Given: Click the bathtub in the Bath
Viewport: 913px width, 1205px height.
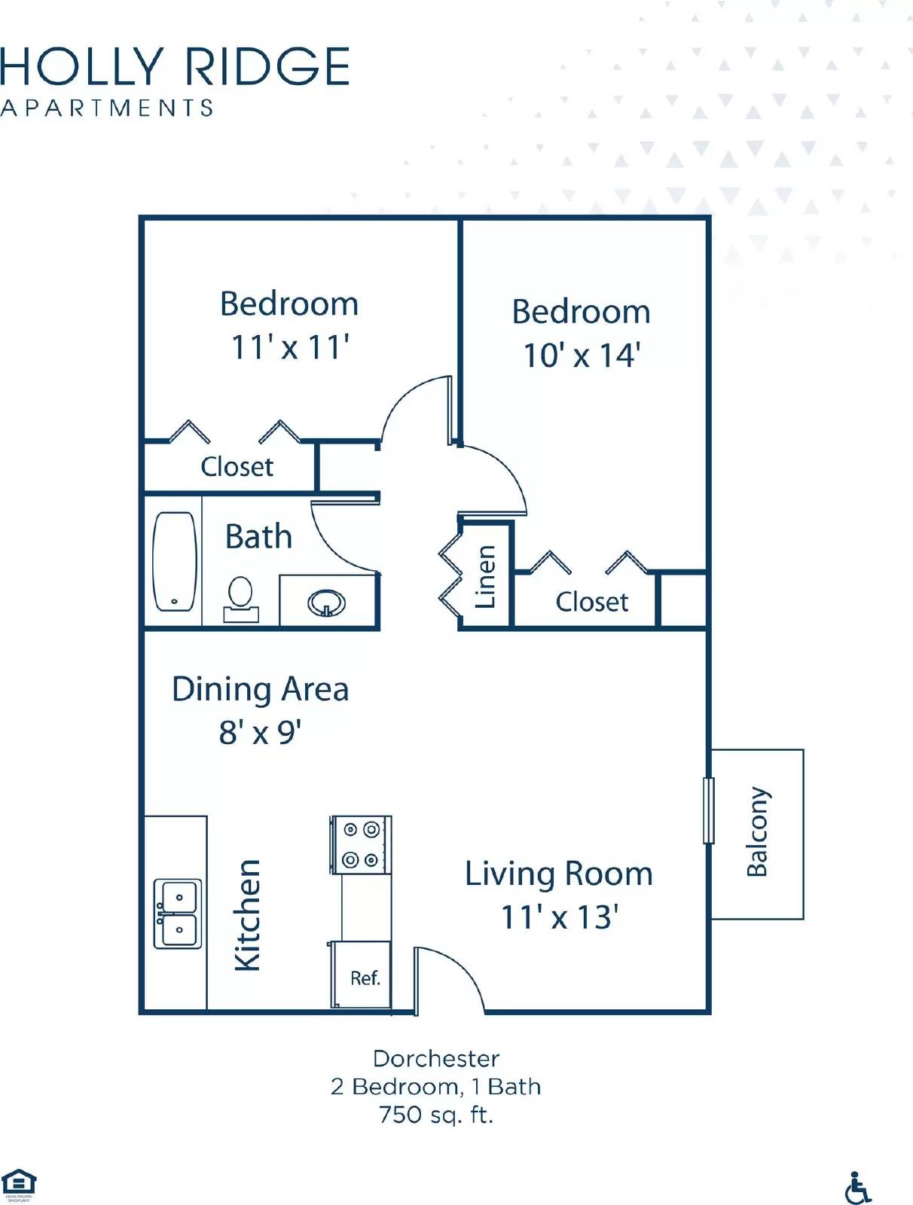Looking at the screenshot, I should click(x=175, y=561).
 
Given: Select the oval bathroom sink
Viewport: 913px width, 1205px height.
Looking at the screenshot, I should click(x=327, y=602).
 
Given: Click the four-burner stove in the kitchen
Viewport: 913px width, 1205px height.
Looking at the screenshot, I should click(x=361, y=844).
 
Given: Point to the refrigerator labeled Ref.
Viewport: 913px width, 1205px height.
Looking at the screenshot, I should click(x=364, y=977).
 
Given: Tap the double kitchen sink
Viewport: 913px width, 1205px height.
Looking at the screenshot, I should click(x=178, y=913).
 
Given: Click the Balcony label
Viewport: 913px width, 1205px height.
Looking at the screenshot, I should click(x=757, y=832).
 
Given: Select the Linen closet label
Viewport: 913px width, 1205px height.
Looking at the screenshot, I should click(x=485, y=576).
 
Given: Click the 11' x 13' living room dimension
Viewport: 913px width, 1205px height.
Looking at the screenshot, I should click(x=559, y=917).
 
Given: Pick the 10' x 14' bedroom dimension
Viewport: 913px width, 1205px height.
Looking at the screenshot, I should click(x=582, y=355).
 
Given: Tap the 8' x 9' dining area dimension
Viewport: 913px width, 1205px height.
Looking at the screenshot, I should click(x=260, y=732).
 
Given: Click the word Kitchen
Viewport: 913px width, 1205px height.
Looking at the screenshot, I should click(x=247, y=914).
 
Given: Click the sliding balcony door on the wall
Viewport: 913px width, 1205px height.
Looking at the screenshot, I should click(x=708, y=810).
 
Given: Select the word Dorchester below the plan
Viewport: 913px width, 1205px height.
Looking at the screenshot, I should click(x=435, y=1059).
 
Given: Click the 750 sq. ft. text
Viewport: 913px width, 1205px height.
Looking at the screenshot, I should click(x=435, y=1115).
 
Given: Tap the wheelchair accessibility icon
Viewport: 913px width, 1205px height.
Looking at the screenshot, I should click(x=857, y=1188).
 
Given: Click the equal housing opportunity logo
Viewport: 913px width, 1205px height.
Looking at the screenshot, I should click(x=18, y=1185).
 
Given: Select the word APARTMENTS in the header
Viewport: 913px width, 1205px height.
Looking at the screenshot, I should click(x=107, y=108).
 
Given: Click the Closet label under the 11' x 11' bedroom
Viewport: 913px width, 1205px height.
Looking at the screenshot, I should click(x=237, y=467).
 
